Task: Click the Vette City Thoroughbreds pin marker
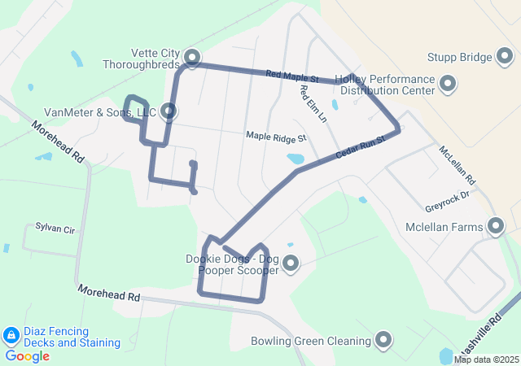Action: [192, 57]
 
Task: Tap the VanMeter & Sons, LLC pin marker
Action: [169, 111]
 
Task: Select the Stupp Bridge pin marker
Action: [505, 57]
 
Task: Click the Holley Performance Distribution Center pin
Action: [447, 84]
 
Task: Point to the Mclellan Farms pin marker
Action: [495, 227]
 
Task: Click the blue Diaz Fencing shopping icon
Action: [11, 335]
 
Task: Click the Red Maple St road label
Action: [291, 76]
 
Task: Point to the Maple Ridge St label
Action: [276, 139]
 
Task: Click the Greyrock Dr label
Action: [448, 196]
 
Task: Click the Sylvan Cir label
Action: [55, 229]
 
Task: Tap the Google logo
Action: [27, 356]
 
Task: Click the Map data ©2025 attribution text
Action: [486, 359]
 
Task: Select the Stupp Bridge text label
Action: [459, 58]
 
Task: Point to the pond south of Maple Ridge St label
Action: [295, 159]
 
